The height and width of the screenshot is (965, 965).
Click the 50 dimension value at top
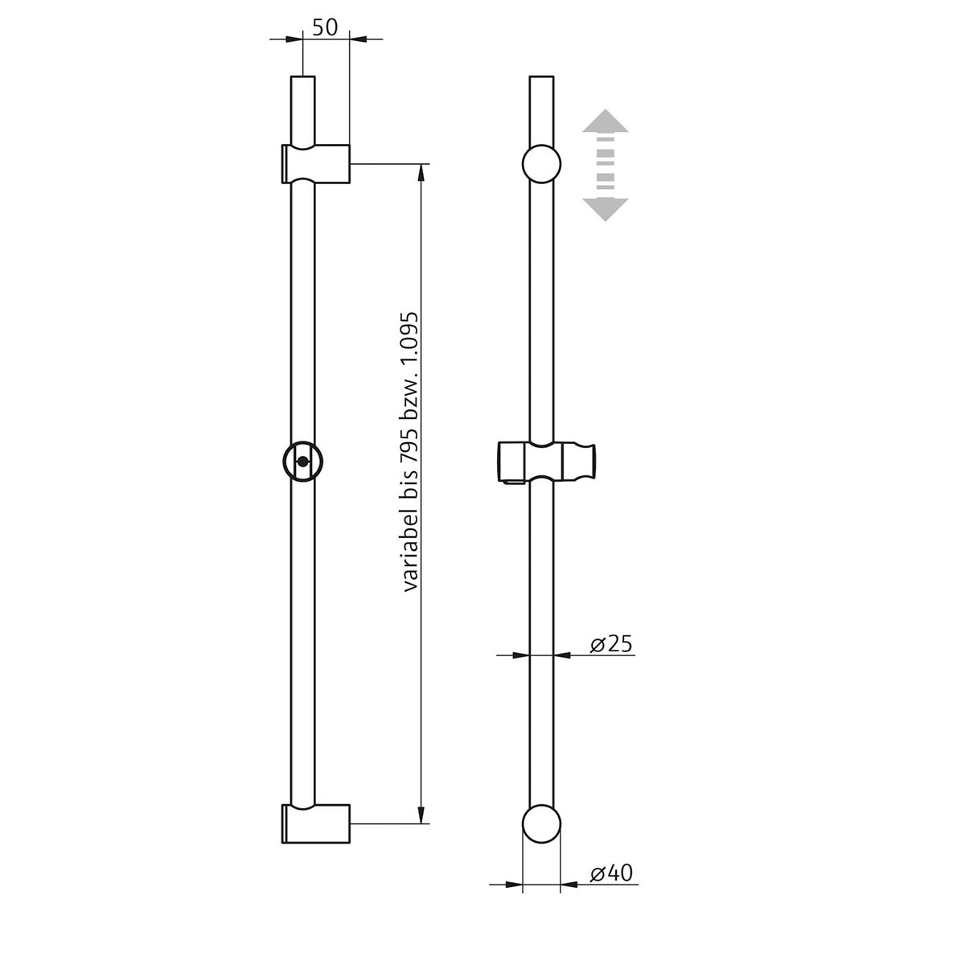[x=325, y=27]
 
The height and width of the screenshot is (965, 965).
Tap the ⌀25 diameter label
[x=610, y=643]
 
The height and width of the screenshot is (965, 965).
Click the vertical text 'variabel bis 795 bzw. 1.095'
[x=411, y=452]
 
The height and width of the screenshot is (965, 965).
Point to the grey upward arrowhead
[x=605, y=120]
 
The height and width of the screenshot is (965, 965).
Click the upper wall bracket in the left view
[x=316, y=163]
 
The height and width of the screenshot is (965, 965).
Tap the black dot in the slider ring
[x=302, y=462]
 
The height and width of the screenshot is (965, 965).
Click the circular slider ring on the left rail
[x=302, y=462]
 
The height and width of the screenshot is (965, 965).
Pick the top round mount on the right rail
[x=541, y=164]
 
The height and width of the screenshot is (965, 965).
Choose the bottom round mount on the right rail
[x=541, y=823]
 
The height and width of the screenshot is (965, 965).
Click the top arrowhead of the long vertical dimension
[x=421, y=171]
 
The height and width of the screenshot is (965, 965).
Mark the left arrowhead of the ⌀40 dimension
[x=514, y=885]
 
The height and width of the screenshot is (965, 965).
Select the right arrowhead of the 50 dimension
[x=358, y=38]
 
